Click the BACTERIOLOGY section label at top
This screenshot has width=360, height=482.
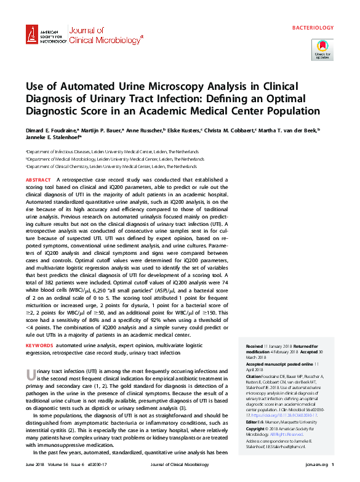pos(313,28)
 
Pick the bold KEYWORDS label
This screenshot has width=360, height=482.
pos(40,346)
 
